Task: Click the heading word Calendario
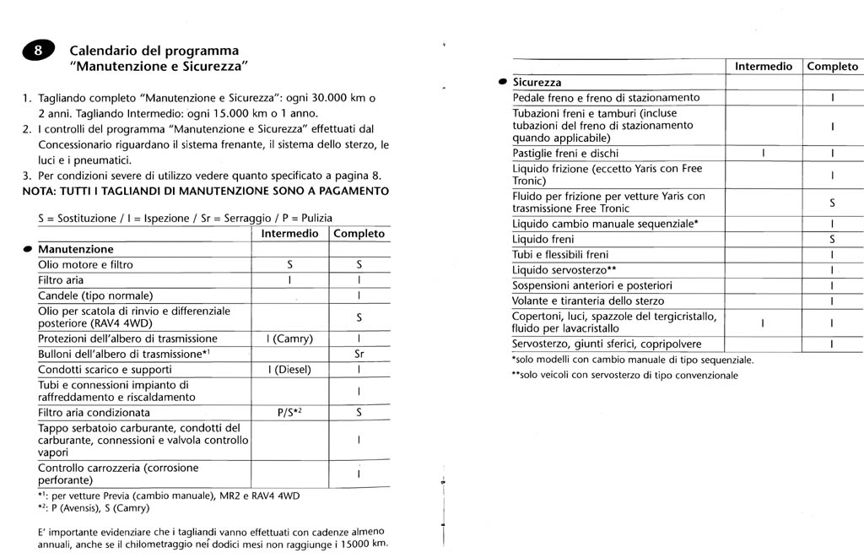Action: click(104, 51)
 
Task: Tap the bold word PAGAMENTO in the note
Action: click(348, 191)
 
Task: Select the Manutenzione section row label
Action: click(75, 250)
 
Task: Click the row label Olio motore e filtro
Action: click(85, 265)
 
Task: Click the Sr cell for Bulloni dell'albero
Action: click(359, 355)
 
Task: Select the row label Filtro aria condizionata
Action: click(94, 413)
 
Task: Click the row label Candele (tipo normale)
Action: click(95, 296)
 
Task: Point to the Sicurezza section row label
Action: click(537, 83)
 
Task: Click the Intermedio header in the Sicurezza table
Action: click(763, 66)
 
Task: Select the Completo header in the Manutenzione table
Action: click(359, 234)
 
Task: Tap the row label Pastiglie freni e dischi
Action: click(565, 154)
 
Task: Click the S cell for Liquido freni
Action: click(832, 240)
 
